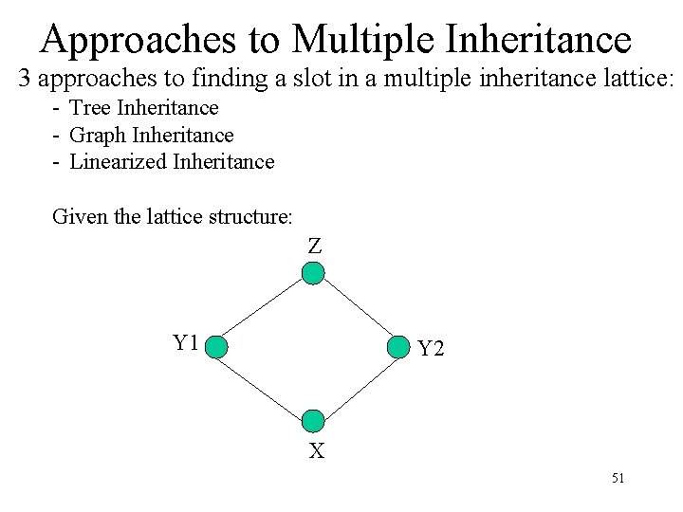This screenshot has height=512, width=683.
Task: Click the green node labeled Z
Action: pos(313,274)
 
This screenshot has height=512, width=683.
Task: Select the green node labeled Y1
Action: pos(217,347)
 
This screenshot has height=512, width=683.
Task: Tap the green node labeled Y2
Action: pos(397,348)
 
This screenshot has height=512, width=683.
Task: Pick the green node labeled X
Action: pos(313,421)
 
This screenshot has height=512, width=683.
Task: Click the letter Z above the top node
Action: pos(315,246)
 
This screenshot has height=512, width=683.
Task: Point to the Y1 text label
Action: pos(185,342)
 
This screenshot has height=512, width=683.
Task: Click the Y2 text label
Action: pos(431,349)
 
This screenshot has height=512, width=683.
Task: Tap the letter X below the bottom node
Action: pos(316,451)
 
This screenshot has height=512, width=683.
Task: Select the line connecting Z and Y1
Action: pos(266,310)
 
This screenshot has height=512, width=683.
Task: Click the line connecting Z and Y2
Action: pos(356,311)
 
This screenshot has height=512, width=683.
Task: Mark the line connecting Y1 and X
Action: pos(266,384)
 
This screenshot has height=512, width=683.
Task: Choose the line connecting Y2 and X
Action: pos(356,384)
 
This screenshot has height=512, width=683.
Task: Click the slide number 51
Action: pos(618,479)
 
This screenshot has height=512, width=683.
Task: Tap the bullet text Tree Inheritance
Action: pos(144,108)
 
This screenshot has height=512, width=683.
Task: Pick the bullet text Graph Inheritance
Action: pos(152,135)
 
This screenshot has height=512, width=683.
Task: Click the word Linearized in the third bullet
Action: pos(119,161)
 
